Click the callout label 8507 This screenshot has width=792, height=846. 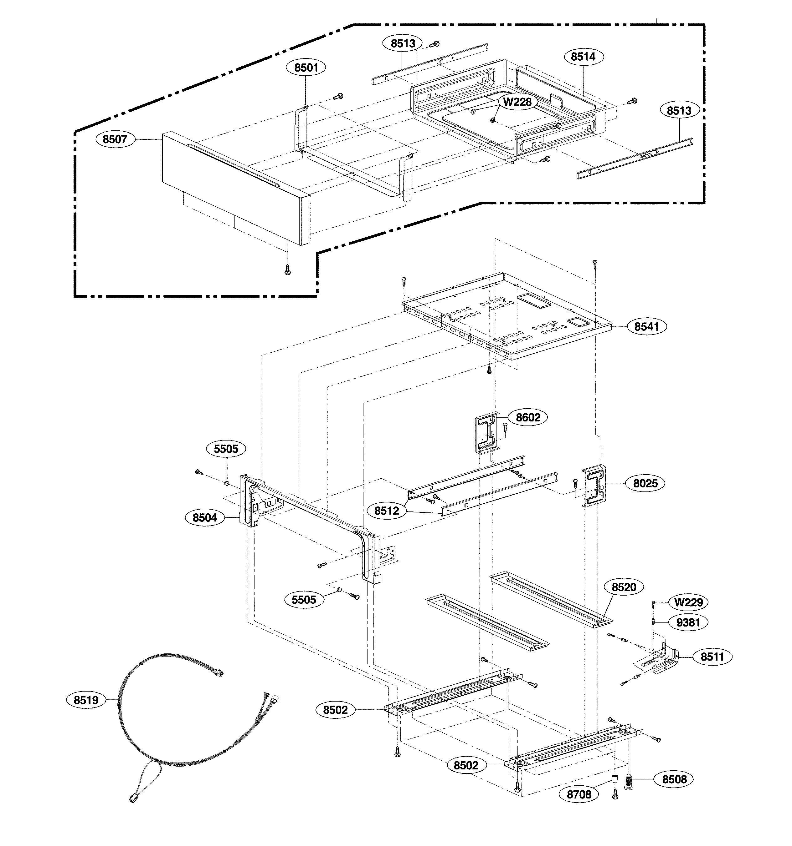(x=115, y=139)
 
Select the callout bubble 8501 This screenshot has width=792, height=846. (x=306, y=68)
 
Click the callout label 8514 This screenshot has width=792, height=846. (x=583, y=57)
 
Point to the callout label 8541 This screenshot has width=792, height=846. (x=646, y=326)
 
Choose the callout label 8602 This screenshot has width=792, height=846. (x=528, y=417)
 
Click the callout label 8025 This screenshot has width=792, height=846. (x=645, y=483)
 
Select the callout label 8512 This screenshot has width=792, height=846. (x=386, y=511)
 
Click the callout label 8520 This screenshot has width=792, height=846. (x=624, y=587)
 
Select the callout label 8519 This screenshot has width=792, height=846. (x=86, y=700)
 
